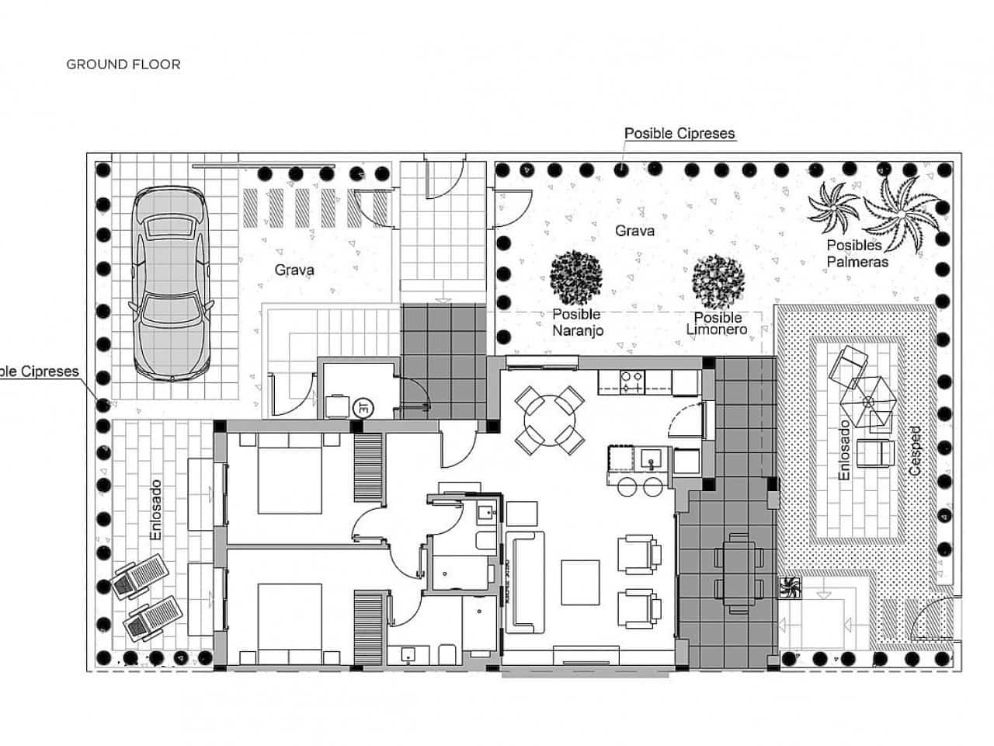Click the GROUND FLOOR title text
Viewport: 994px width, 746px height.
[123, 64]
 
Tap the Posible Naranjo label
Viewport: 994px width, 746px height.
[576, 322]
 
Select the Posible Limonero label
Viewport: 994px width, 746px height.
[717, 323]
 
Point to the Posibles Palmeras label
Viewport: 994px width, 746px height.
[857, 254]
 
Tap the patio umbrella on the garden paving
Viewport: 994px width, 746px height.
[870, 401]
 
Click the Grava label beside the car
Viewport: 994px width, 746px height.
[294, 270]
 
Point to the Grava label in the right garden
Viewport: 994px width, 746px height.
[634, 231]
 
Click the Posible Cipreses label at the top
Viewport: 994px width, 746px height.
[679, 134]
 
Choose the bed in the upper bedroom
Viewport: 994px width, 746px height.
[290, 474]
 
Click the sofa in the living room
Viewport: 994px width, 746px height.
[524, 581]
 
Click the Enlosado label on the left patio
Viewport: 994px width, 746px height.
[156, 510]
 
